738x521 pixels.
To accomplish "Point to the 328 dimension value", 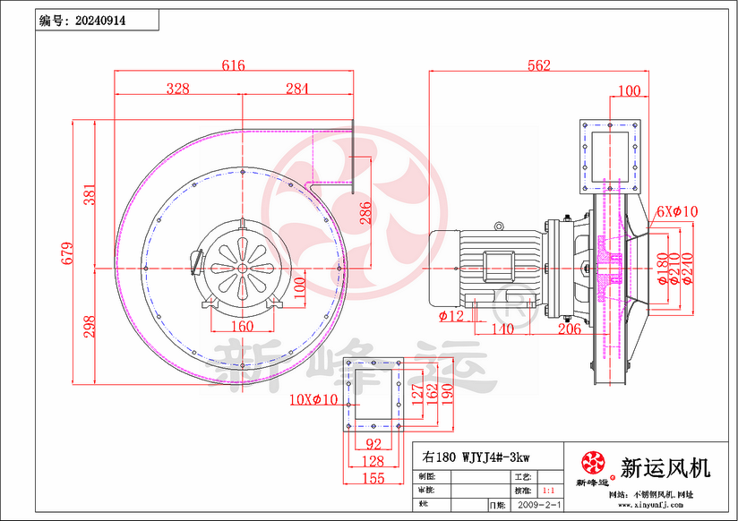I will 178,88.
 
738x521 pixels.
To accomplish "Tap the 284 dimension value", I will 296,88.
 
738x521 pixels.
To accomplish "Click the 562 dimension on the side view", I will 538,65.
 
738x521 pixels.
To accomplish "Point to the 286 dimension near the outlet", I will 365,212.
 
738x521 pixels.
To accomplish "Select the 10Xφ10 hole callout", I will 313,399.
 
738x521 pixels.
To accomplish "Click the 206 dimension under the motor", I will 570,329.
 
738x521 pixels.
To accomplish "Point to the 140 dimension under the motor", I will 503,329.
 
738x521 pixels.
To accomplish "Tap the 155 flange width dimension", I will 372,479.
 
